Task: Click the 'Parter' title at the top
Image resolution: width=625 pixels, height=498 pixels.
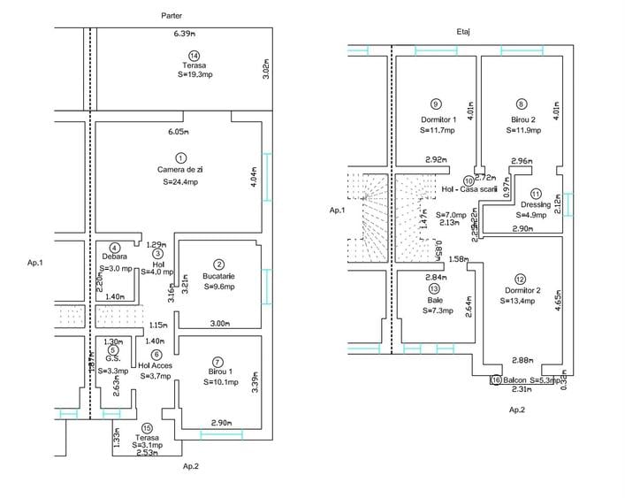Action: [173, 16]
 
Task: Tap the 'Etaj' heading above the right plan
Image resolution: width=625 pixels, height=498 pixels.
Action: [462, 32]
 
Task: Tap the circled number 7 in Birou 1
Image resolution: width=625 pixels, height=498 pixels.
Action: [218, 350]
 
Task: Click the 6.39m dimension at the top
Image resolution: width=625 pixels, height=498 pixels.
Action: [184, 34]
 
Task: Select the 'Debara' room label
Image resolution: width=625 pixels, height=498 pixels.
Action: [115, 257]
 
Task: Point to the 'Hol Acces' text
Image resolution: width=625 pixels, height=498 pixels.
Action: [156, 365]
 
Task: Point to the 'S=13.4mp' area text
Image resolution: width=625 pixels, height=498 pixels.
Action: [522, 300]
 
